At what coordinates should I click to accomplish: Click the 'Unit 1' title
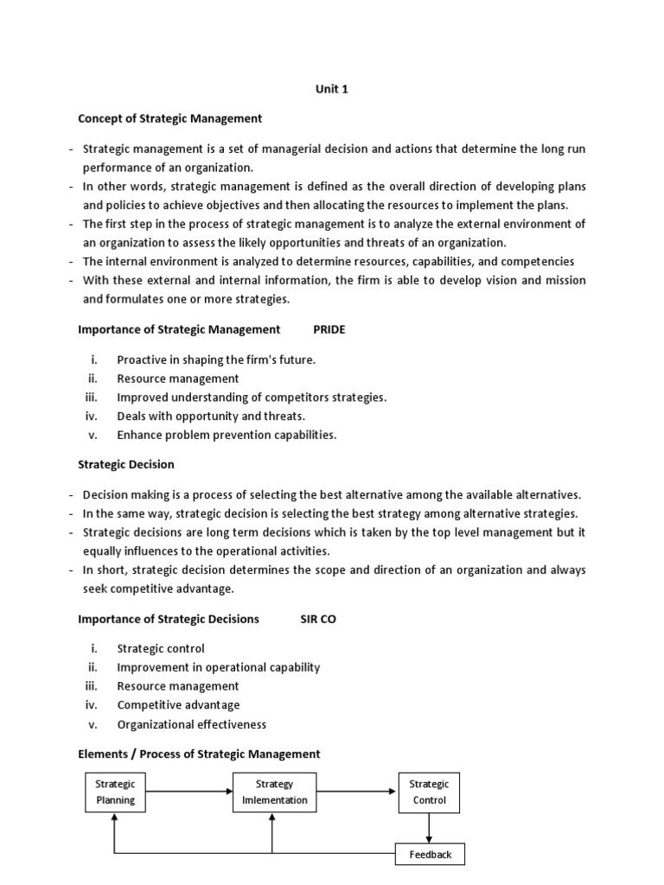pyautogui.click(x=331, y=89)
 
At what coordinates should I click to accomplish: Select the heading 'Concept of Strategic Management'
pyautogui.click(x=169, y=118)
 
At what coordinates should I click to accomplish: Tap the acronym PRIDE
pyautogui.click(x=329, y=329)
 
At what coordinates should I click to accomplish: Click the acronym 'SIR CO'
pyautogui.click(x=317, y=619)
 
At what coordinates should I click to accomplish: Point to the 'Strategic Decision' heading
pyautogui.click(x=126, y=464)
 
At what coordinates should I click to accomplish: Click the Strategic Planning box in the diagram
pyautogui.click(x=115, y=793)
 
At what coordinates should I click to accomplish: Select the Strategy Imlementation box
pyautogui.click(x=274, y=793)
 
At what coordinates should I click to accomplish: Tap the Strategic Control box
pyautogui.click(x=429, y=793)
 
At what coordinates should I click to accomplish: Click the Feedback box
pyautogui.click(x=430, y=855)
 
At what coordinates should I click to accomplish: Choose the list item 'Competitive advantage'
pyautogui.click(x=178, y=705)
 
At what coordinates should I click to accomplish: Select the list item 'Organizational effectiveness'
pyautogui.click(x=192, y=724)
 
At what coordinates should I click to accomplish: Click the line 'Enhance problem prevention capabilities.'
pyautogui.click(x=227, y=435)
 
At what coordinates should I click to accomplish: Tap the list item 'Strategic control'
pyautogui.click(x=161, y=648)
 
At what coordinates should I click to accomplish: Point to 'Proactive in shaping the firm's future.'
pyautogui.click(x=216, y=359)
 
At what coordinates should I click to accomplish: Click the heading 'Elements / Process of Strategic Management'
pyautogui.click(x=199, y=754)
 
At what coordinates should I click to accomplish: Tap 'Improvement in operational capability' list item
pyautogui.click(x=219, y=667)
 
